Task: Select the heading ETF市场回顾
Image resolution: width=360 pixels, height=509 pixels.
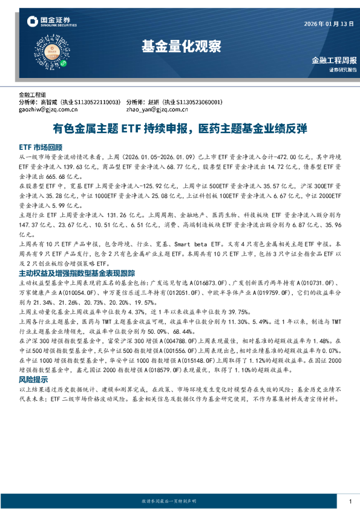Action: pos(40,147)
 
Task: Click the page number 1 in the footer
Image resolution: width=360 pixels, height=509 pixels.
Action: pos(350,501)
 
